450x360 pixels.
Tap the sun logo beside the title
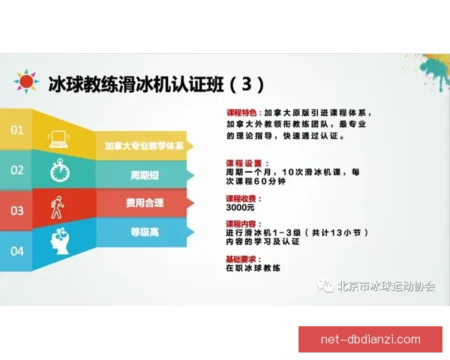coord(26,80)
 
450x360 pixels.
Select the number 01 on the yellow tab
coord(16,130)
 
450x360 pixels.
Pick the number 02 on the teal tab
coord(16,170)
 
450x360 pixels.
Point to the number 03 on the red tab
coord(16,211)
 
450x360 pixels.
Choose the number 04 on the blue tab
coord(16,250)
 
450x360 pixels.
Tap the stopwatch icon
coord(59,171)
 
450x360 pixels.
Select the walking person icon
coord(58,207)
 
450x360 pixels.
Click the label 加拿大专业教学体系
coord(145,146)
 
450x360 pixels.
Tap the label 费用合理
coord(145,202)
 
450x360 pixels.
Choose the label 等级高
coord(145,232)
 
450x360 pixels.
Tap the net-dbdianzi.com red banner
coord(370,339)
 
